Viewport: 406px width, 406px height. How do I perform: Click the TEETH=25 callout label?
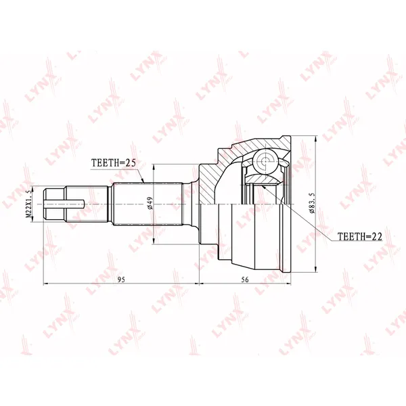pyautogui.click(x=114, y=162)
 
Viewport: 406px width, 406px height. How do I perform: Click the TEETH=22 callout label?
pyautogui.click(x=360, y=236)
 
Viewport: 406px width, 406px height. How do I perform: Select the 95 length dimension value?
pyautogui.click(x=121, y=279)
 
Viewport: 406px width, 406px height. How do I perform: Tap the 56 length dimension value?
pyautogui.click(x=245, y=279)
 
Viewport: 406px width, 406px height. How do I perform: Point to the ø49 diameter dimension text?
pyautogui.click(x=150, y=203)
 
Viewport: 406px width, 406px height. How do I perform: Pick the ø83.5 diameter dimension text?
pyautogui.click(x=312, y=203)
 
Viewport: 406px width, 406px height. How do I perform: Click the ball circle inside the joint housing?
pyautogui.click(x=265, y=161)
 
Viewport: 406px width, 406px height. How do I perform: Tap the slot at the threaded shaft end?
pyautogui.click(x=64, y=204)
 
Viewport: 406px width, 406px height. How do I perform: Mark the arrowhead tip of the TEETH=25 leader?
pyautogui.click(x=144, y=183)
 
